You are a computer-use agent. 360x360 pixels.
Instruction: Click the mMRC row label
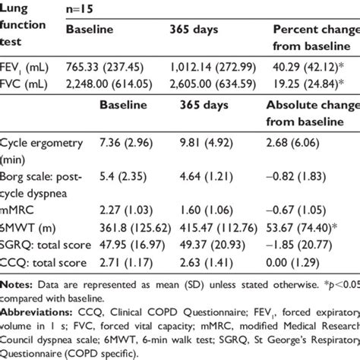[17, 205]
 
